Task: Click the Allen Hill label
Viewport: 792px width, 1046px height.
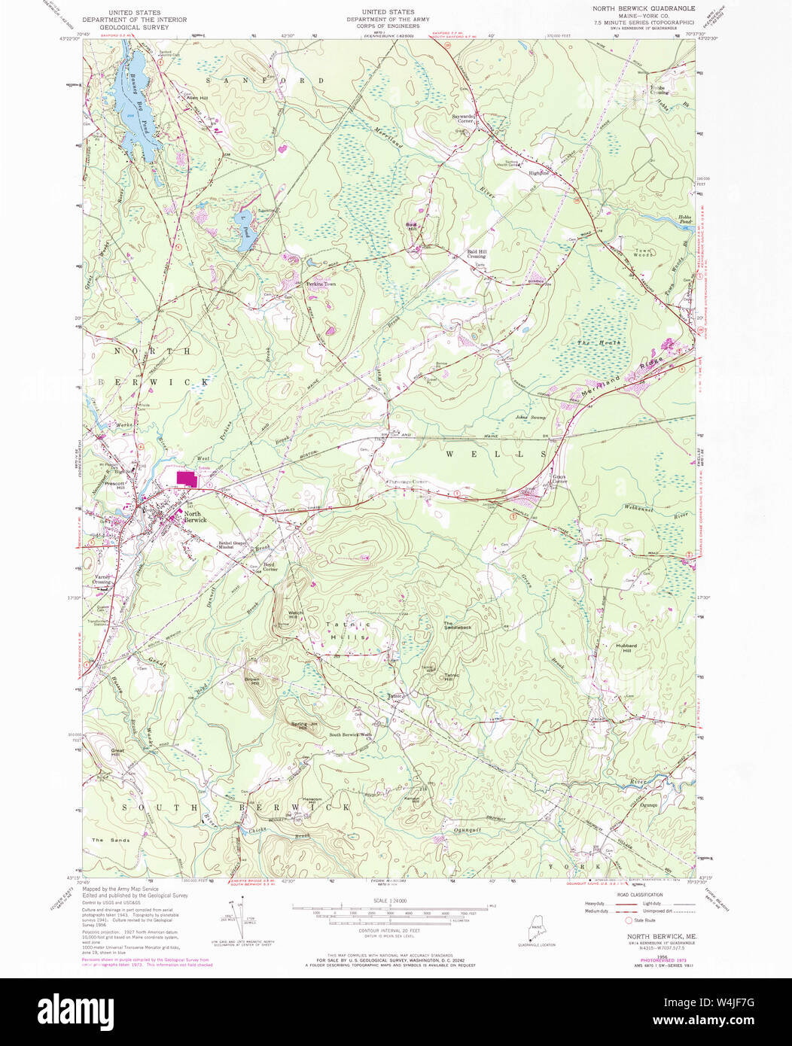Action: pos(187,97)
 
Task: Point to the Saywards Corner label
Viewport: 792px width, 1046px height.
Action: pos(463,119)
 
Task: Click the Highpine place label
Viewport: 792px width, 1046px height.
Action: pos(540,172)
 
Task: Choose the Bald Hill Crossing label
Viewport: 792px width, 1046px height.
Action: pos(476,254)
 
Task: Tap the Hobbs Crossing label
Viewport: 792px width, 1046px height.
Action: pos(659,89)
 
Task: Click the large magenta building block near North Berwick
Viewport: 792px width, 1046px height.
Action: pos(187,479)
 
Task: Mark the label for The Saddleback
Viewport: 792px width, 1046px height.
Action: pos(457,625)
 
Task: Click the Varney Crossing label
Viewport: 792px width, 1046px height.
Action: pos(102,579)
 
